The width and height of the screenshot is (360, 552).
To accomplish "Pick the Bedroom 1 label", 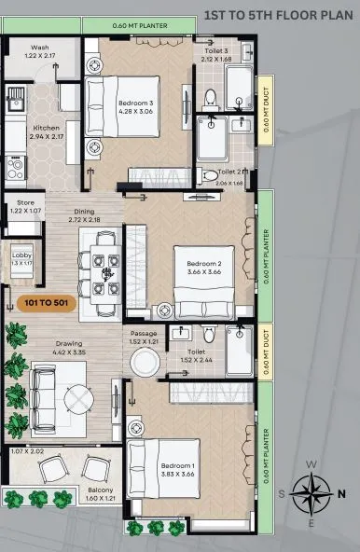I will pos(178,464).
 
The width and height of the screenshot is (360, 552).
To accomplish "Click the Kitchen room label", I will pos(47,127).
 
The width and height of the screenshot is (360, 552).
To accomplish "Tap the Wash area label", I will pos(39,47).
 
